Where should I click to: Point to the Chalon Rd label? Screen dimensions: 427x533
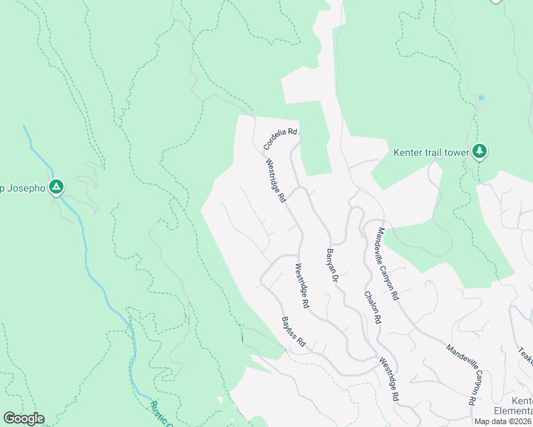point(373,307)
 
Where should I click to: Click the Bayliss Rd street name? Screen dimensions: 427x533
point(293,332)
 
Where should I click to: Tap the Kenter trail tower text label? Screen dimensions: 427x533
point(430,152)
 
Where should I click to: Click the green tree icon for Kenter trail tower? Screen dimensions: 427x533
point(480,151)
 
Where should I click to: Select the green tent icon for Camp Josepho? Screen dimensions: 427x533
point(56,188)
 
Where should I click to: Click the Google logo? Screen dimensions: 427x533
point(24,418)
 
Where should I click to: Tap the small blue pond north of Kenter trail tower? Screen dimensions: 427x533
point(482,97)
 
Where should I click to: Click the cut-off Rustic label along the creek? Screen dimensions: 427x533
point(160,413)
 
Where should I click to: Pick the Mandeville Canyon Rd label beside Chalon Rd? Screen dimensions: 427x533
point(389,263)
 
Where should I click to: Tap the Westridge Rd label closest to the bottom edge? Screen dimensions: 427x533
point(388,380)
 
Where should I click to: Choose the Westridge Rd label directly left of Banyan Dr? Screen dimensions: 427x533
point(302,285)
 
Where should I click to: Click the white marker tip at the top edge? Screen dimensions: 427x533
point(496,2)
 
